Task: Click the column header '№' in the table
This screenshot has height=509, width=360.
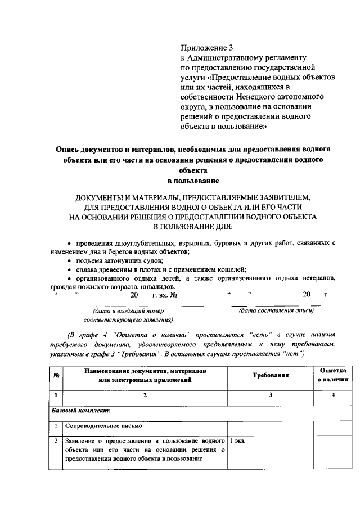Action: coord(56,376)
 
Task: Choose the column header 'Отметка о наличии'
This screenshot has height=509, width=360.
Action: coord(334,375)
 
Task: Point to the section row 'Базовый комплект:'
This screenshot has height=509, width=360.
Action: coord(78,410)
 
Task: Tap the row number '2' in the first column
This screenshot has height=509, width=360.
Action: coord(56,442)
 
